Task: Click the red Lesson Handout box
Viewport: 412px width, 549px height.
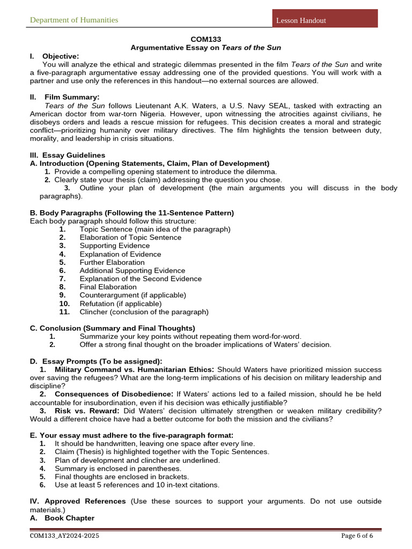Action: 325,19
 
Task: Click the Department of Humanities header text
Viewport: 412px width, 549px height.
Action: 74,20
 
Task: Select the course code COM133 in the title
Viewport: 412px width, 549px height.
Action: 206,40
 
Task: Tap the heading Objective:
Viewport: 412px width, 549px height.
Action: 60,56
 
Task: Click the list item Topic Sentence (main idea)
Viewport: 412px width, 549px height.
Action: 154,229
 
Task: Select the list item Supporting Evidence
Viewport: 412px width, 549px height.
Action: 114,246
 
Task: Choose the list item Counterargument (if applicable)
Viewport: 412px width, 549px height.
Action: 133,295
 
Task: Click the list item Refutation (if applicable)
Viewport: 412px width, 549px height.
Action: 120,303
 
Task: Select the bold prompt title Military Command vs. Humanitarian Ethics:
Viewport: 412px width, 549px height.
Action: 134,370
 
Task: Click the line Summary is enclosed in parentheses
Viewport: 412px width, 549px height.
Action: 117,469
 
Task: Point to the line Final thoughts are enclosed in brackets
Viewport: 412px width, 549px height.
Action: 121,477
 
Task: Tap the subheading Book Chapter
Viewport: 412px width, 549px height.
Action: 69,518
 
